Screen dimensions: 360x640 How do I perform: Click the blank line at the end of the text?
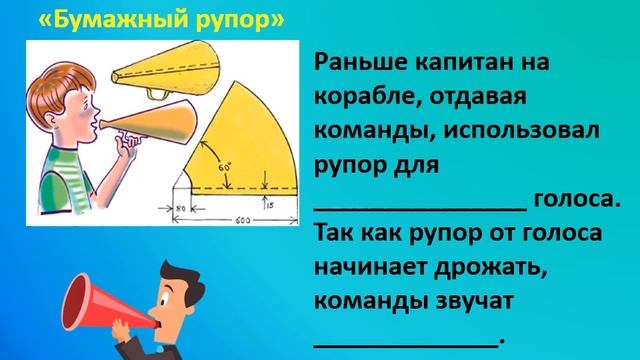click(405, 340)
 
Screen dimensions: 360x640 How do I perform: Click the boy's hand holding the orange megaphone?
click(124, 144)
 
